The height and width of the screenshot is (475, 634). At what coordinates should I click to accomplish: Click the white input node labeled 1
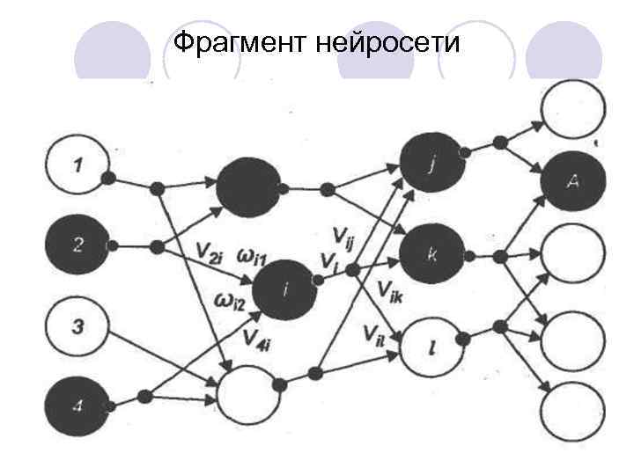click(x=77, y=164)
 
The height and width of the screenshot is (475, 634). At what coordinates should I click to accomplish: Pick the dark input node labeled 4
click(x=77, y=407)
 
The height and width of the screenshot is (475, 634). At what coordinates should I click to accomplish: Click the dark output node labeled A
click(x=573, y=180)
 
